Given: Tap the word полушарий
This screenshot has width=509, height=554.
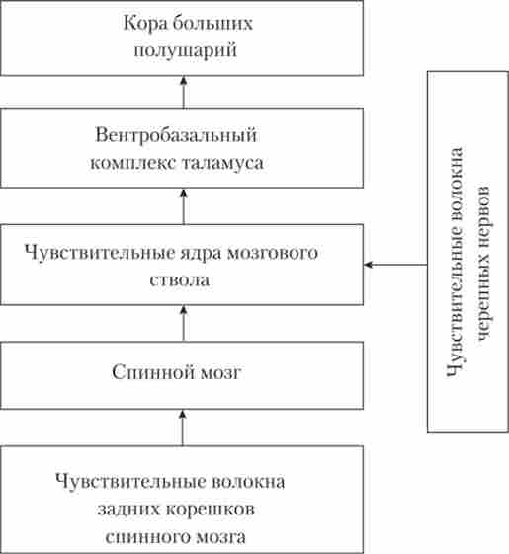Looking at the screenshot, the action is (x=186, y=50).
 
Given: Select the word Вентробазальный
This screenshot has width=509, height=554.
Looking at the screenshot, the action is (x=176, y=135).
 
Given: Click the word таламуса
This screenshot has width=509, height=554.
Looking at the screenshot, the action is (x=222, y=163).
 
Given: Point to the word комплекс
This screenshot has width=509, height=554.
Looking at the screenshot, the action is (x=133, y=163).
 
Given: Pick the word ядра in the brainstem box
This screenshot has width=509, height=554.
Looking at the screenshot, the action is (x=202, y=254).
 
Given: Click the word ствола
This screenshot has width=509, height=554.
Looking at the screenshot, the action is (x=179, y=279).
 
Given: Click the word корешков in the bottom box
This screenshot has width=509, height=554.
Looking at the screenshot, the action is (x=211, y=510).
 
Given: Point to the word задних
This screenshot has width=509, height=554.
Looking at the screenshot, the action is (x=129, y=510).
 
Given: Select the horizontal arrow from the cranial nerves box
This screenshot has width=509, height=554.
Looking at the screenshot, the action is (x=395, y=265).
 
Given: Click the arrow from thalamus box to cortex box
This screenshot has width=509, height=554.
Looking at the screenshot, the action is (x=183, y=92).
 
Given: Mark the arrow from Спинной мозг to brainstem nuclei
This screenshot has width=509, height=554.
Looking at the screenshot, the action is (x=183, y=323).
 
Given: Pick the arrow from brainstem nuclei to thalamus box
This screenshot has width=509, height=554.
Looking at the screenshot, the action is (x=183, y=206).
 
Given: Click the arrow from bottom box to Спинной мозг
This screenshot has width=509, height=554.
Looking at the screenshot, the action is (x=183, y=428).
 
